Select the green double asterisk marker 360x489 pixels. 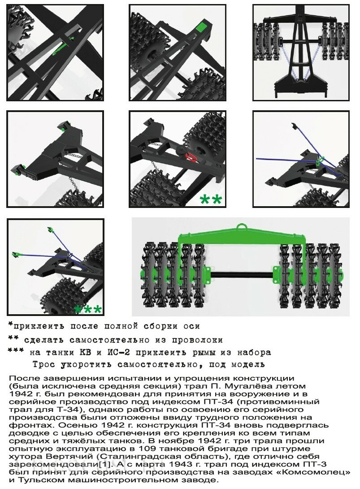click(x=211, y=199)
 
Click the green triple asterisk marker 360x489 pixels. click(x=88, y=309)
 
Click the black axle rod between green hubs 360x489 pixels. click(x=242, y=275)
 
